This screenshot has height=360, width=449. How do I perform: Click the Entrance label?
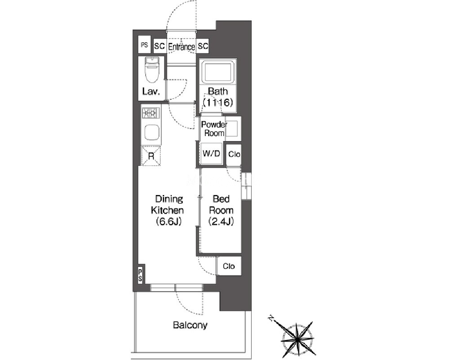pos(182,47)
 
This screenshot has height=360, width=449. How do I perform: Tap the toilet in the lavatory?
pos(152,70)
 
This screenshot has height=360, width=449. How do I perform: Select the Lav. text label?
pos(151,92)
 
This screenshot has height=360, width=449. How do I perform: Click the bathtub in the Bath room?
pos(218,71)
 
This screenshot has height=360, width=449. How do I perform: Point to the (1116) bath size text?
pos(218,102)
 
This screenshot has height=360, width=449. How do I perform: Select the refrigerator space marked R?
pos(151,156)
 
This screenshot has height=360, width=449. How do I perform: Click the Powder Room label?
pos(214,129)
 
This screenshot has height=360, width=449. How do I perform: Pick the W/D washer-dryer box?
pos(211,154)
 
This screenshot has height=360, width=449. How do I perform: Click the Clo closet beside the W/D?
pos(234,154)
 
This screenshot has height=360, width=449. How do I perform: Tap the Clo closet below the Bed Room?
pos(229,266)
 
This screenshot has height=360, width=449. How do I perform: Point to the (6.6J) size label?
pos(169,222)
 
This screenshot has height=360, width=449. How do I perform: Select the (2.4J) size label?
pos(221,222)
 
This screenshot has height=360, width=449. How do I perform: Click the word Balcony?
pos(190,325)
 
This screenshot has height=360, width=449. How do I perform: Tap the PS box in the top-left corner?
pos(144,44)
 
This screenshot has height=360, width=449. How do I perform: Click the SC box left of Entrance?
pos(160,46)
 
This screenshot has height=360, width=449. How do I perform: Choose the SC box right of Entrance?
pos(202,46)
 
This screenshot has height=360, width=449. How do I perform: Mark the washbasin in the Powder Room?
pos(231,129)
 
